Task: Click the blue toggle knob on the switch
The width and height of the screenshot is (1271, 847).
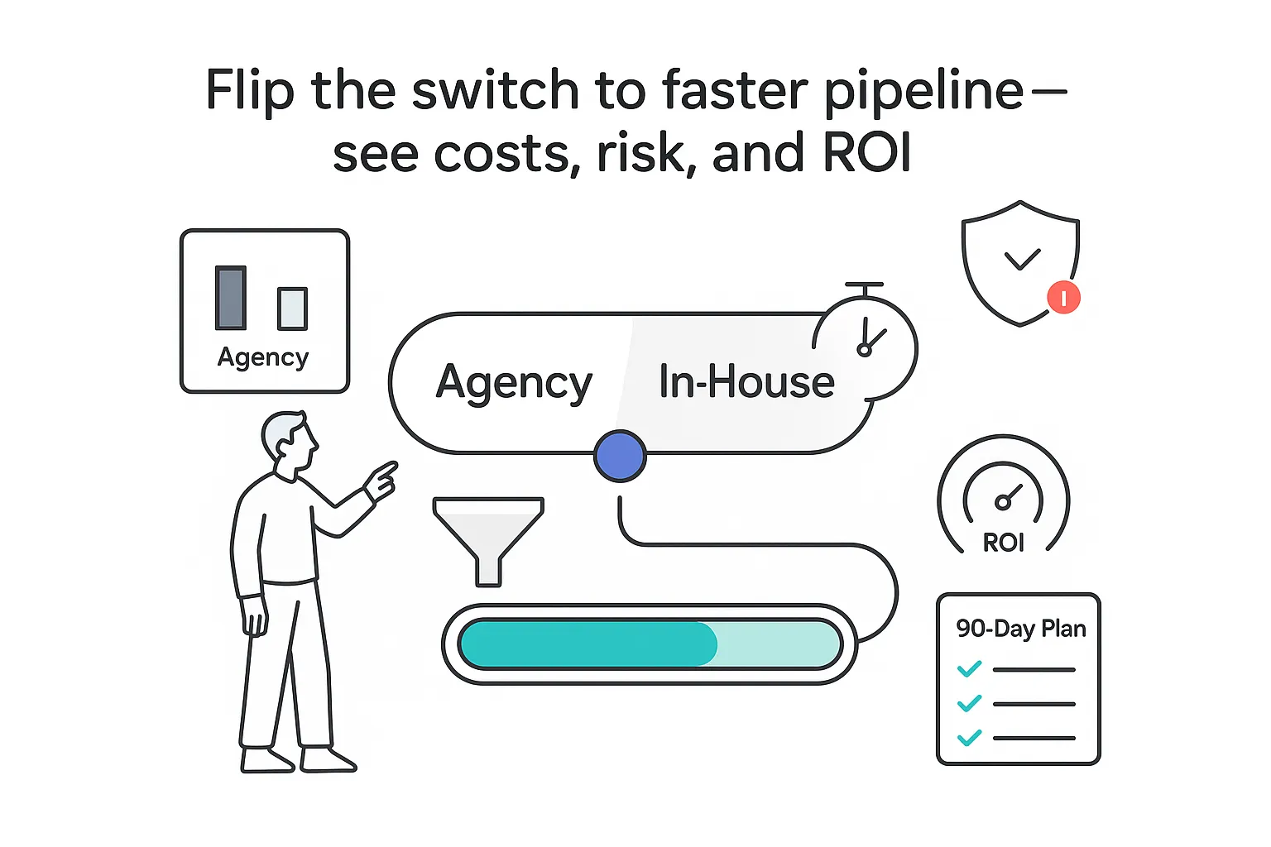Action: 620,456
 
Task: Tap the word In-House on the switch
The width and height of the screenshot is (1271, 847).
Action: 746,382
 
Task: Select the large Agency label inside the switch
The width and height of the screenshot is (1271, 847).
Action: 514,383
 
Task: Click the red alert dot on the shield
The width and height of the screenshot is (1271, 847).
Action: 1063,297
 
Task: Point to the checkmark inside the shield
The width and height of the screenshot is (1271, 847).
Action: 1022,260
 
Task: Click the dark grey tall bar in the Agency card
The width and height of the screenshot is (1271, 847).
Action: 231,298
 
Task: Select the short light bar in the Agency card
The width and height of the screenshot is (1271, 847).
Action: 292,309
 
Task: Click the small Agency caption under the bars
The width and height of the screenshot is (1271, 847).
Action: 263,357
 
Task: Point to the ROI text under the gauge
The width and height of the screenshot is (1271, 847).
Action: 1003,543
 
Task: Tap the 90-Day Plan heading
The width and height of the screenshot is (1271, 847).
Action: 1020,629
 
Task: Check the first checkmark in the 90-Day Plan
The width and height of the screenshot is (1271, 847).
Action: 969,668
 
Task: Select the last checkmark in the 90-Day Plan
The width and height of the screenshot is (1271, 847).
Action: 969,737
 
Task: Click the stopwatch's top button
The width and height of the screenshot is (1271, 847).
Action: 865,285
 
